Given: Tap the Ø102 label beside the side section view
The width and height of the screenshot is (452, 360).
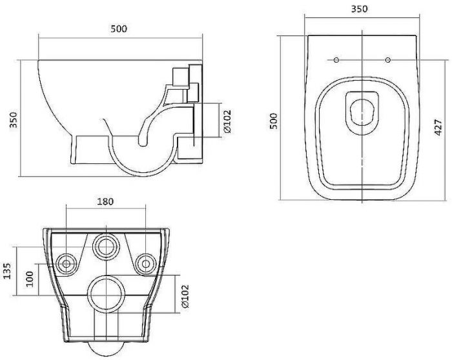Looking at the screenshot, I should (x=228, y=121).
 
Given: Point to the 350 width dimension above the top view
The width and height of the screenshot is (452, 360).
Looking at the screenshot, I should (x=360, y=9).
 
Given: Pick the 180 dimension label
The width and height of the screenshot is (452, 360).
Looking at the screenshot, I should (x=106, y=201).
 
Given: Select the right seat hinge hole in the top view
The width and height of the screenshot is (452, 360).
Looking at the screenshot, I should (x=387, y=60).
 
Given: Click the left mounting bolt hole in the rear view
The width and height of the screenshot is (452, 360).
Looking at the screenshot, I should (x=66, y=263).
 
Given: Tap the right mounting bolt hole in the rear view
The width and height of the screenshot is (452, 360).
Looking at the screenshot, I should (x=145, y=263).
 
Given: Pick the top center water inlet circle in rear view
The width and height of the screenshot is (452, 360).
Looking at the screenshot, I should (x=105, y=246).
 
